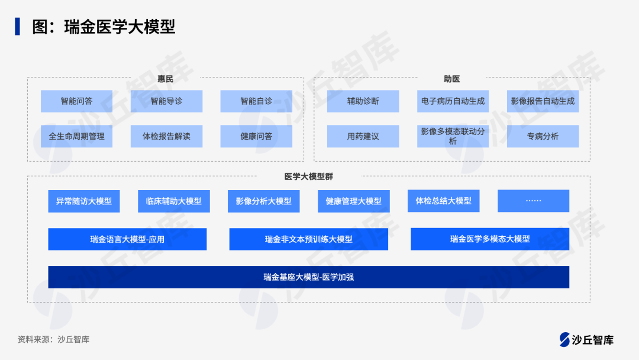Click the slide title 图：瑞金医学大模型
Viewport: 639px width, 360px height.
(x=104, y=27)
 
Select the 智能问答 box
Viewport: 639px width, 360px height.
(x=76, y=101)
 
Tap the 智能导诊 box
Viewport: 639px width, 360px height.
(x=166, y=101)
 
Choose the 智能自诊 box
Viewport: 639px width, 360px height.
(x=256, y=101)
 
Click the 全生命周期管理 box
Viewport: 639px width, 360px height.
(x=76, y=136)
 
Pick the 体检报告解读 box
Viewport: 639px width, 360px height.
(x=166, y=136)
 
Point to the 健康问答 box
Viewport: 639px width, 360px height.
(x=256, y=136)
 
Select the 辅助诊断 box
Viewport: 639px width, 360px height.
(x=363, y=101)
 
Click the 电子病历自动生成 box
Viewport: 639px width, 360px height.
(x=453, y=101)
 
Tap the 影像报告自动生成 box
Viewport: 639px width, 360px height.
(x=543, y=101)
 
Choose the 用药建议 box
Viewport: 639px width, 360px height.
(x=363, y=136)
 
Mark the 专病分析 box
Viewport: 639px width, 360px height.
(x=543, y=136)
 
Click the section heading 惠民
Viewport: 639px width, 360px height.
(x=165, y=79)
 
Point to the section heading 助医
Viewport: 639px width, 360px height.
(x=451, y=79)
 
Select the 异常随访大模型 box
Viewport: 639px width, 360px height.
(x=84, y=201)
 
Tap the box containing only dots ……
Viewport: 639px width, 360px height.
(x=533, y=201)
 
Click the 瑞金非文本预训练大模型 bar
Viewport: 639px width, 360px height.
(x=309, y=239)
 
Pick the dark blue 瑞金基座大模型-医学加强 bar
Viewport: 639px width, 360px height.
(x=309, y=277)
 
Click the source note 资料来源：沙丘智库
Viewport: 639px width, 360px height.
(x=53, y=340)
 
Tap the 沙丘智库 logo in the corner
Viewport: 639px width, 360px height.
(x=586, y=339)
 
